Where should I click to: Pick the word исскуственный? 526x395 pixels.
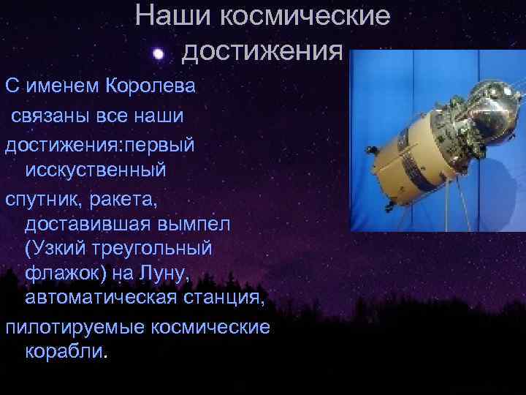(x=96, y=170)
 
